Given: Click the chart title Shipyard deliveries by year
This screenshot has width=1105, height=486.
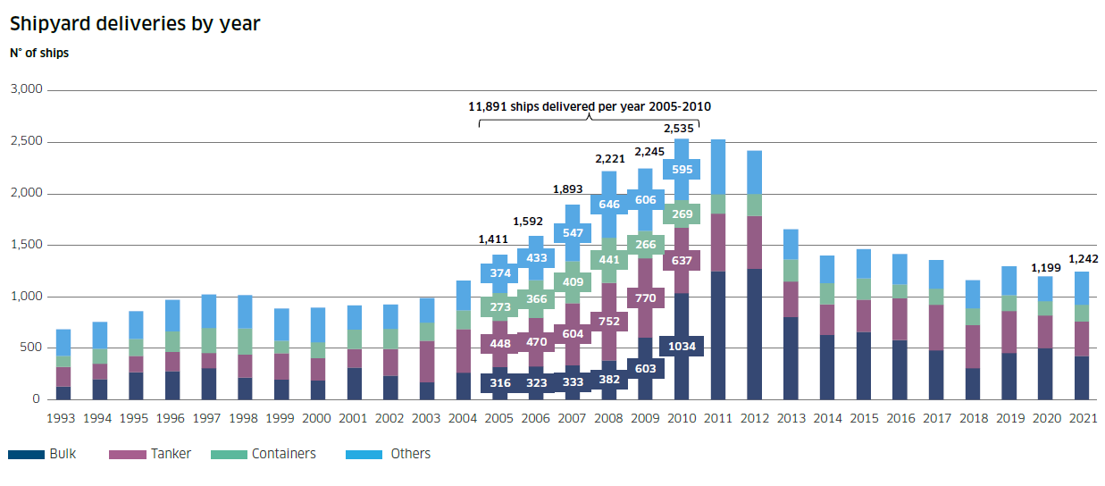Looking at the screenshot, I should [x=135, y=24].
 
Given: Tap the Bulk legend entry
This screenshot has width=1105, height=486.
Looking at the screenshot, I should [x=63, y=454].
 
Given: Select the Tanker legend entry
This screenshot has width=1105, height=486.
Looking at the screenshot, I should [x=170, y=454].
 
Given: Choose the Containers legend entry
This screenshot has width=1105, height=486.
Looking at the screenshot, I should [x=283, y=454].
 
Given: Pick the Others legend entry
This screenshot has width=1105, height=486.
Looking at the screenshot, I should [x=410, y=454].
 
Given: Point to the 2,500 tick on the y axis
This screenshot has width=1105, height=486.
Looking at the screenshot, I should [x=26, y=142].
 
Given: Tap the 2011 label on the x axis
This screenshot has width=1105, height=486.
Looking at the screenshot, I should [x=717, y=417].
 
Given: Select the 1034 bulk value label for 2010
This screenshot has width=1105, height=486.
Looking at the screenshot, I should [x=681, y=347].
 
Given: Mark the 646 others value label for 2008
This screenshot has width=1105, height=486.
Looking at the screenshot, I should [x=608, y=205].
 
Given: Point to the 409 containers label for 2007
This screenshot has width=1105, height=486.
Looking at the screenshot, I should [x=572, y=281].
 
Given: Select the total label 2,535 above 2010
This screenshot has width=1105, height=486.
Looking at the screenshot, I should [x=681, y=129].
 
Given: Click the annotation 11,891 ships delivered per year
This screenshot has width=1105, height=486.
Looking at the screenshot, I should [x=590, y=106].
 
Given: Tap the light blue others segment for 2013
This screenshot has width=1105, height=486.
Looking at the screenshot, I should [x=791, y=244].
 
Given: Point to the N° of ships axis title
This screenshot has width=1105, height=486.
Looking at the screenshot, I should [x=39, y=53].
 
